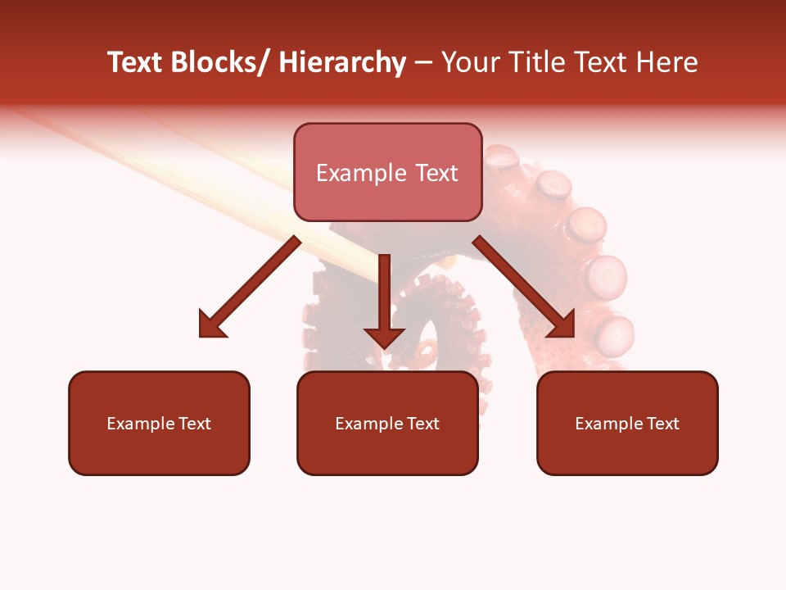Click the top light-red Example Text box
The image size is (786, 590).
(x=387, y=172)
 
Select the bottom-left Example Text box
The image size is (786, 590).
(x=159, y=423)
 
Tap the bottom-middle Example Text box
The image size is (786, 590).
(x=387, y=423)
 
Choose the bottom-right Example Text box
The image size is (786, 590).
(x=627, y=423)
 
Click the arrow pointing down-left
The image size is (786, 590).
(x=250, y=287)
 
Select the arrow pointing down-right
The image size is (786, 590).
(x=524, y=287)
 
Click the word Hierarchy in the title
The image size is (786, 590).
(x=342, y=62)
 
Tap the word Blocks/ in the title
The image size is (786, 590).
(x=220, y=62)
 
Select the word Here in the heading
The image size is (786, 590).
(x=667, y=62)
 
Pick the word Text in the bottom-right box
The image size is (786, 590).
(x=662, y=424)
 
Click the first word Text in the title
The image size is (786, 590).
(x=136, y=62)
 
